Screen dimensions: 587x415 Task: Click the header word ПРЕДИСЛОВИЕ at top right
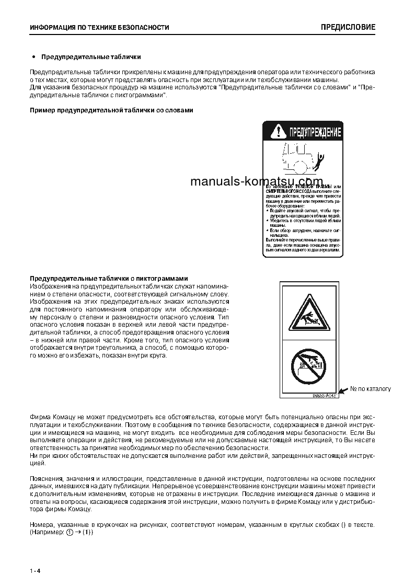[348, 27]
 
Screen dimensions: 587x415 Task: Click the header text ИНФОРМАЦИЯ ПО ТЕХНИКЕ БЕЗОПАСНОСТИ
[99, 28]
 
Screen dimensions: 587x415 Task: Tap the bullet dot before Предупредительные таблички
[34, 56]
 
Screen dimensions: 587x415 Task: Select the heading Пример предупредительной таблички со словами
[111, 110]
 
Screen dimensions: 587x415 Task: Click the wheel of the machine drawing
[299, 167]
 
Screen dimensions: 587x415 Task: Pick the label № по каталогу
[370, 389]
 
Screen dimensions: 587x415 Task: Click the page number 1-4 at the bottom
[35, 570]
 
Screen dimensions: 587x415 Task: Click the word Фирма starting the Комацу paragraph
[40, 419]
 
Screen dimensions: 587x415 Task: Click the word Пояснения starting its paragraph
[46, 478]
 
